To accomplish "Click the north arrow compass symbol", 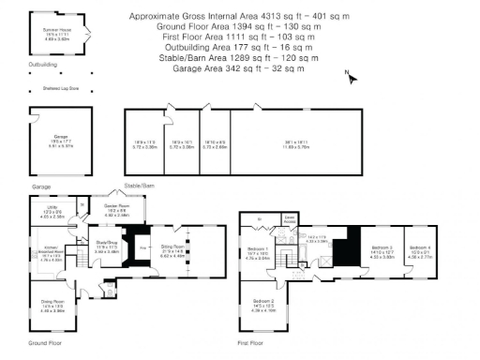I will [347, 75].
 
